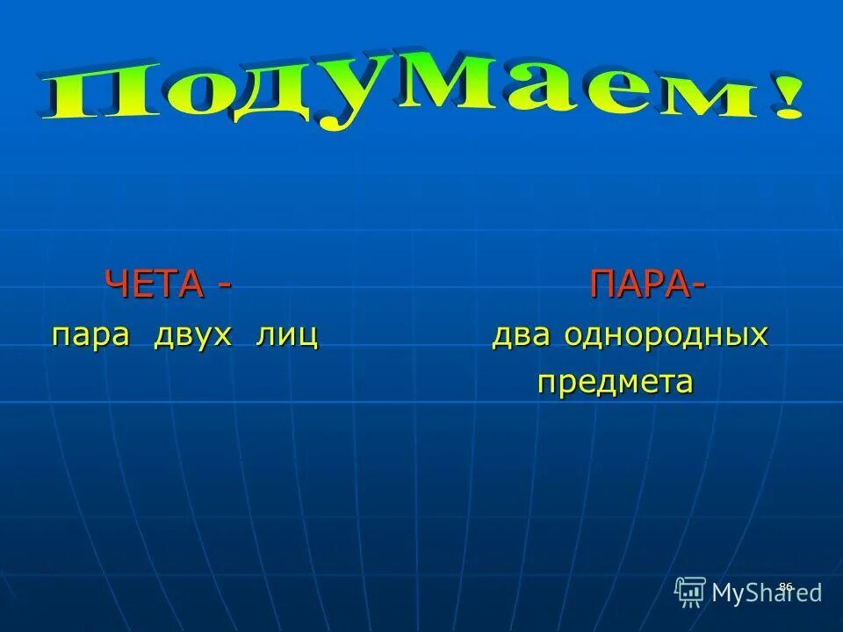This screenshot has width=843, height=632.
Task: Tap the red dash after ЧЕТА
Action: click(225, 286)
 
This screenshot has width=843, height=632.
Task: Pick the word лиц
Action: click(286, 335)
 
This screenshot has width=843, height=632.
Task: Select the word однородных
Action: click(666, 335)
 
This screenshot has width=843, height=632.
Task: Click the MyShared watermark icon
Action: click(690, 592)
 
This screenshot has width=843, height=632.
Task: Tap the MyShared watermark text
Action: click(767, 593)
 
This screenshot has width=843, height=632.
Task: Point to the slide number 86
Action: click(785, 585)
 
